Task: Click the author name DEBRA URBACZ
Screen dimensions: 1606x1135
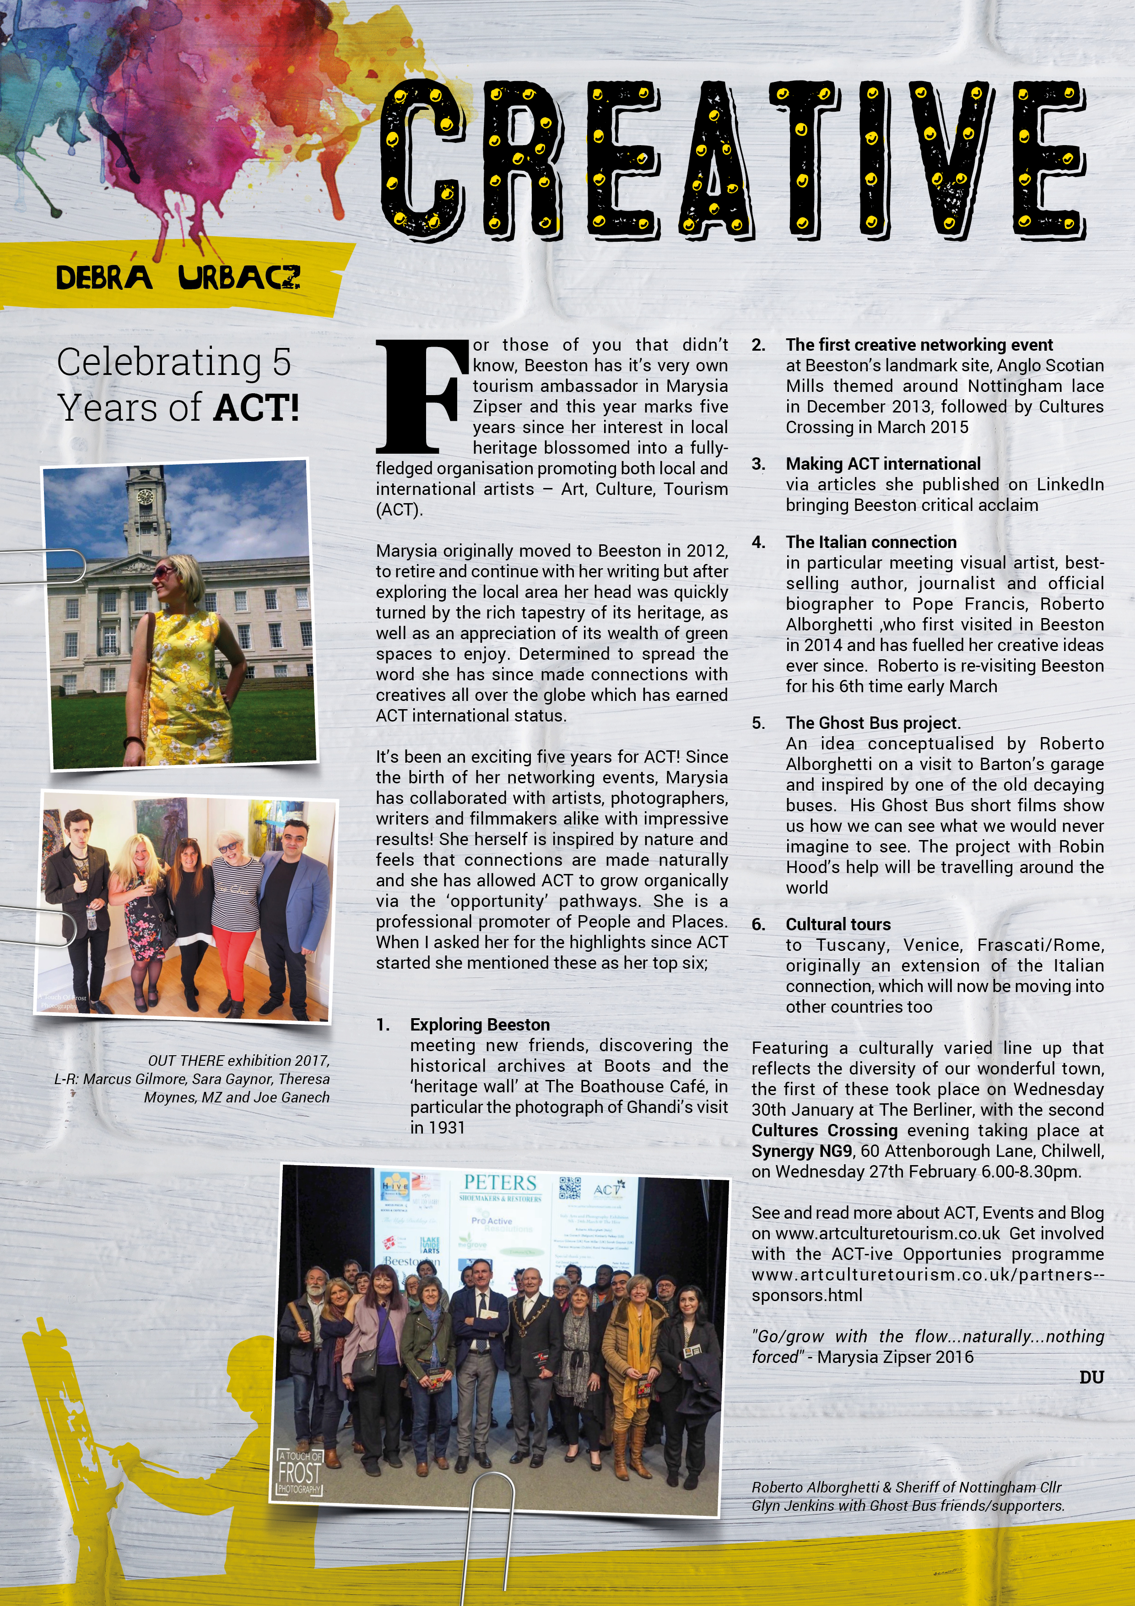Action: pyautogui.click(x=178, y=278)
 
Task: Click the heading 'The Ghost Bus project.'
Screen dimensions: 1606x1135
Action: pyautogui.click(x=873, y=722)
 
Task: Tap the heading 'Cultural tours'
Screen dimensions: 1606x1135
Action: pyautogui.click(x=838, y=924)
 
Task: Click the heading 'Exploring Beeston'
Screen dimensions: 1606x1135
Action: pyautogui.click(x=480, y=1025)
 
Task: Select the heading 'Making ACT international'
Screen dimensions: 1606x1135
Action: pyautogui.click(x=882, y=464)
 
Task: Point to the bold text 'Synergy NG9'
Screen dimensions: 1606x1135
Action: pyautogui.click(x=801, y=1150)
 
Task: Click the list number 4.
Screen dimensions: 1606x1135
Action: pyautogui.click(x=758, y=542)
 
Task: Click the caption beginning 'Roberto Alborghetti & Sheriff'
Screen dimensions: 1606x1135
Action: pyautogui.click(x=908, y=1496)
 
